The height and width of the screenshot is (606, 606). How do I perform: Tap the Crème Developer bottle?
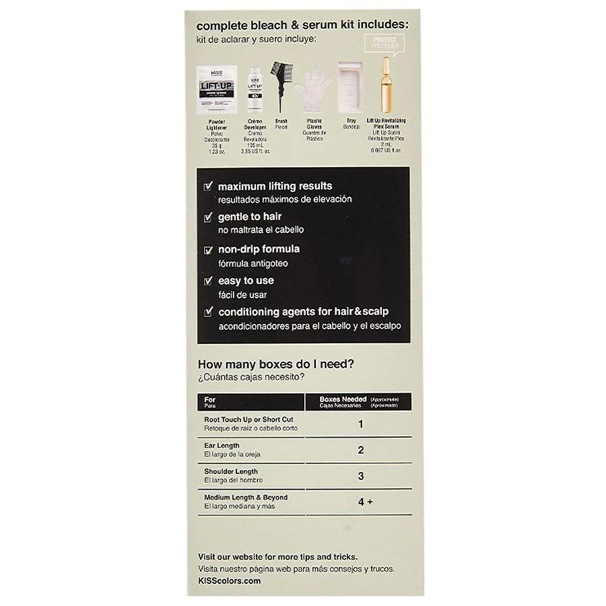pos(255,88)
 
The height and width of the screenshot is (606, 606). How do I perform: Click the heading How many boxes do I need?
pos(275,364)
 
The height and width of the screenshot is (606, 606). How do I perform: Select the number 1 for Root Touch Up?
pos(361,424)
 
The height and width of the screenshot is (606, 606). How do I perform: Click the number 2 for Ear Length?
pos(361,450)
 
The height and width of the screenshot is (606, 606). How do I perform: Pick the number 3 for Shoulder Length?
pos(361,476)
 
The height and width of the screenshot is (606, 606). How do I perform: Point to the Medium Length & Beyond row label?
pos(246,498)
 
